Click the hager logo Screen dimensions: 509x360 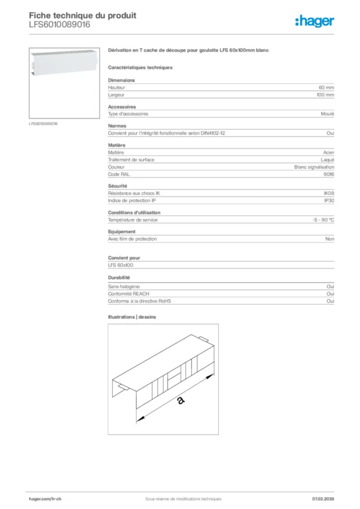tap(314, 21)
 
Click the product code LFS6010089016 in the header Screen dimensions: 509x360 tap(60, 25)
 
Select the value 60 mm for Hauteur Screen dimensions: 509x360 tap(326, 87)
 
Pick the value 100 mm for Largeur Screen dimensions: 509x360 tap(325, 94)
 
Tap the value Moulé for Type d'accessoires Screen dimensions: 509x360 tap(328, 114)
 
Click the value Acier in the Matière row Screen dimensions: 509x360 tap(328, 153)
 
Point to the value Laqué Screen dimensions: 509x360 tap(327, 160)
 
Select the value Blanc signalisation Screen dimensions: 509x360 tap(314, 167)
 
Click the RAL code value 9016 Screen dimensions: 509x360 tap(329, 174)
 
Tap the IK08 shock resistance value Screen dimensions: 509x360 tap(329, 193)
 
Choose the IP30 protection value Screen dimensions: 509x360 tap(329, 200)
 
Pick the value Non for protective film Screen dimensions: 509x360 tap(330, 239)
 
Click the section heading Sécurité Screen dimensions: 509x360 tap(118, 185)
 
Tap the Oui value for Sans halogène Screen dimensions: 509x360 tap(330, 287)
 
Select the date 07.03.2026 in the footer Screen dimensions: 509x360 tap(323, 499)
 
